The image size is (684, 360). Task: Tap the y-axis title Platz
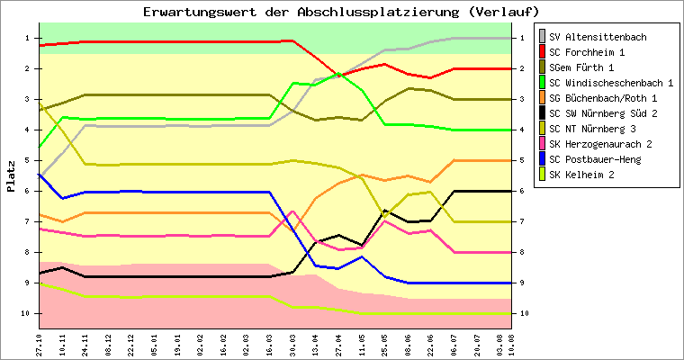(x=11, y=176)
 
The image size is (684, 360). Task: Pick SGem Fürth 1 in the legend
(x=589, y=67)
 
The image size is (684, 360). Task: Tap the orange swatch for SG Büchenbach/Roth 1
(x=542, y=98)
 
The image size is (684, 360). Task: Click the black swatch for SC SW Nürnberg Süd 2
(x=542, y=113)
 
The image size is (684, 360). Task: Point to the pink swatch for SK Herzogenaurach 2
(x=542, y=144)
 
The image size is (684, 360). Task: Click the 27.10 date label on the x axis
(x=40, y=344)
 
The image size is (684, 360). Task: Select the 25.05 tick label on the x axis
(x=384, y=344)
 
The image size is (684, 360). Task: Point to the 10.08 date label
(x=510, y=344)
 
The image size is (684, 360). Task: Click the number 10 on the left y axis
(x=27, y=313)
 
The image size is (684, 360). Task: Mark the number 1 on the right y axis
(x=519, y=38)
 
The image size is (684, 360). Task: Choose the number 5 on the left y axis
(x=29, y=160)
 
